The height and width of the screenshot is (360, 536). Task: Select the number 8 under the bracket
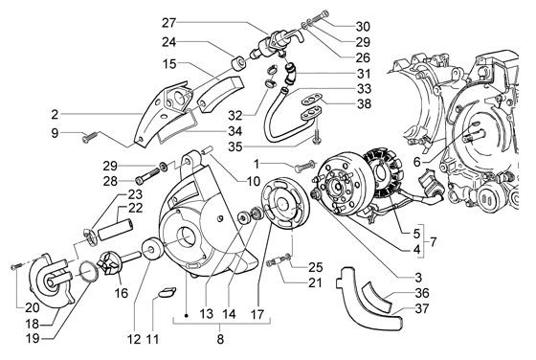click(x=219, y=339)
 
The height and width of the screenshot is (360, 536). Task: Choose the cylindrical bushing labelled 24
click(x=234, y=64)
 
